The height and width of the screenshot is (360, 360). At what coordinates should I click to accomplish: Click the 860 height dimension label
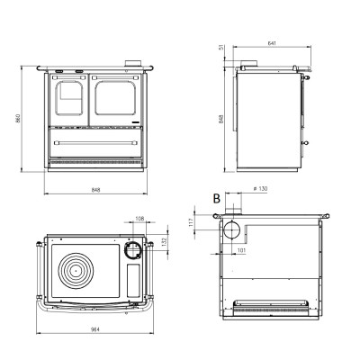coord(18,118)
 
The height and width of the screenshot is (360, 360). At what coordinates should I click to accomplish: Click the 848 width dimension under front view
coord(95,190)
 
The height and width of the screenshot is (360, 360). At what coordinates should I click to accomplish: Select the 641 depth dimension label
coord(272,43)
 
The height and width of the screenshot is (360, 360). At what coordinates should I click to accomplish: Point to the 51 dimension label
coord(222,48)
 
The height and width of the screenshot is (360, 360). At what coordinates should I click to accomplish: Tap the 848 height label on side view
coord(221,119)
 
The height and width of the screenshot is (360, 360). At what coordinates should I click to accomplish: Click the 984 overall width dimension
coord(95,329)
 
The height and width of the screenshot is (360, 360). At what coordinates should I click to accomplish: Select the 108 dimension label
coord(139,219)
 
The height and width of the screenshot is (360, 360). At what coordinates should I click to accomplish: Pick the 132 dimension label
coord(164,242)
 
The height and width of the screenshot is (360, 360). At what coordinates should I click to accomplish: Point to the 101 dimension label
coord(241,250)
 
